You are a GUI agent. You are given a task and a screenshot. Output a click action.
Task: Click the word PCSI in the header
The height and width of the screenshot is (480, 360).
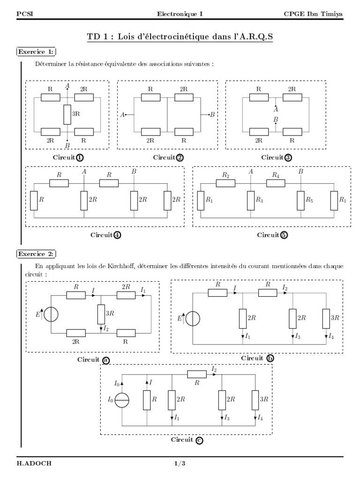pyautogui.click(x=22, y=14)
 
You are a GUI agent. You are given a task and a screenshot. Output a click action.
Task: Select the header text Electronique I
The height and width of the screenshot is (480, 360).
pyautogui.click(x=180, y=14)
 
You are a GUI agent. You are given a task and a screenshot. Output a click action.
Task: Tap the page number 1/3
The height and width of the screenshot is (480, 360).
pyautogui.click(x=180, y=464)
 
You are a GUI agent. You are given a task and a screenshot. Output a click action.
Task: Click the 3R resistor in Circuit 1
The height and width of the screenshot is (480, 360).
pyautogui.click(x=67, y=114)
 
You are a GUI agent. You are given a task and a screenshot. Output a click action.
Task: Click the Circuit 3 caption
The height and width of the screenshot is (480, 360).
pyautogui.click(x=277, y=157)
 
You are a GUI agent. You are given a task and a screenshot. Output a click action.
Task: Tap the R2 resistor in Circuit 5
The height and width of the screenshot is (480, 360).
pyautogui.click(x=225, y=183)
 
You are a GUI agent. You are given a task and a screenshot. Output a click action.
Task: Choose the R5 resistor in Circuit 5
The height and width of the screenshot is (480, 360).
pyautogui.click(x=300, y=200)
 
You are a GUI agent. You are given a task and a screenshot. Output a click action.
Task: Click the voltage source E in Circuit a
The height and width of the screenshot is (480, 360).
pyautogui.click(x=52, y=314)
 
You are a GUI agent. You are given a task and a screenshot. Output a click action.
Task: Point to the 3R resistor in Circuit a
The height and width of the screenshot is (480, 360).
pyautogui.click(x=101, y=314)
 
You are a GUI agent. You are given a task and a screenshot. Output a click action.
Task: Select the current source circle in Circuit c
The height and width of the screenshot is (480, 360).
pyautogui.click(x=122, y=400)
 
